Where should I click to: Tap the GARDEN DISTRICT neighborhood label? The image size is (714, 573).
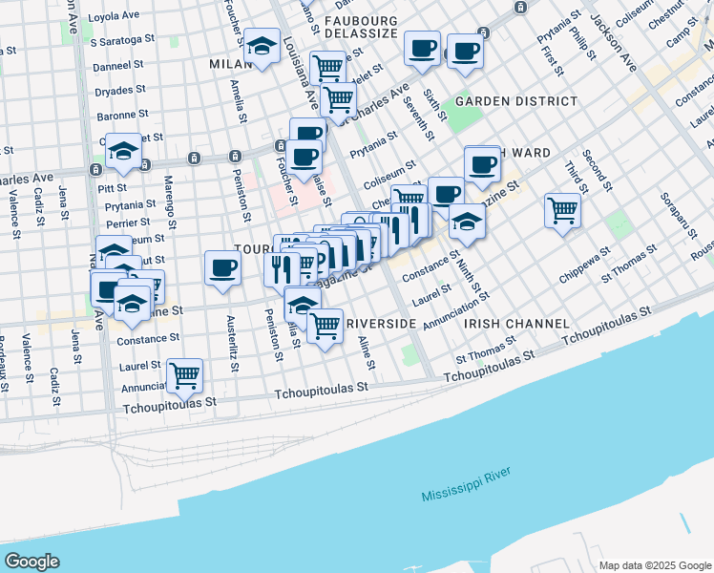(515, 100)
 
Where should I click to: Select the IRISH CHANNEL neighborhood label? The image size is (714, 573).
(516, 324)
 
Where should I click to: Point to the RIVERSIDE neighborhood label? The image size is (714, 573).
(381, 324)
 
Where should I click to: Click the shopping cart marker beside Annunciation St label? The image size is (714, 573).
(183, 375)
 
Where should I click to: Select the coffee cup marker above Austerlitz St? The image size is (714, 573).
(222, 267)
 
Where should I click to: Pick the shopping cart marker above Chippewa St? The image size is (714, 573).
(562, 210)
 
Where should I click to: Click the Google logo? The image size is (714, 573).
(32, 561)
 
